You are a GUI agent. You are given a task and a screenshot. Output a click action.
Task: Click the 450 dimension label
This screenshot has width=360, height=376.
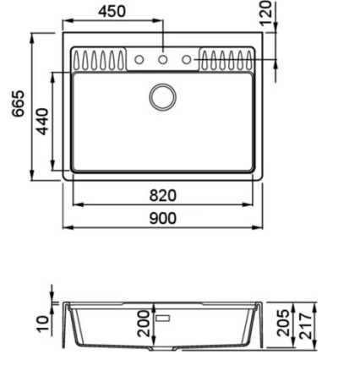(x=112, y=11)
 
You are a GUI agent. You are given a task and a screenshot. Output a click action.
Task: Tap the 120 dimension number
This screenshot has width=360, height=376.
(x=266, y=13)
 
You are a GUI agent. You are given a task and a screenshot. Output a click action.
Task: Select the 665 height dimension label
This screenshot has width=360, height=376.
(x=19, y=103)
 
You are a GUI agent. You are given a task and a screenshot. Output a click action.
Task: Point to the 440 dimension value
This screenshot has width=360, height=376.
(x=43, y=121)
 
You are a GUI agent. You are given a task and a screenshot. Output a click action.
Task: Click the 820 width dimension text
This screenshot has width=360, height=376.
(x=163, y=195)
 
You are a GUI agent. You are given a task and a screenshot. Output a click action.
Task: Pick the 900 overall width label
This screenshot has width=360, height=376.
(x=163, y=218)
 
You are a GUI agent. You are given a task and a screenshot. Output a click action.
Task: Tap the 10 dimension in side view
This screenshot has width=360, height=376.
(x=43, y=324)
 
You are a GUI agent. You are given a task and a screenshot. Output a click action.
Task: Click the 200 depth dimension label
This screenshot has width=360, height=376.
(x=144, y=324)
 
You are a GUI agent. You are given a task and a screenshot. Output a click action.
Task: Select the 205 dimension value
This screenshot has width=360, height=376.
(x=283, y=323)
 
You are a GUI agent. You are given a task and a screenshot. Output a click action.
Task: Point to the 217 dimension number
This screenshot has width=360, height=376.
(x=305, y=325)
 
